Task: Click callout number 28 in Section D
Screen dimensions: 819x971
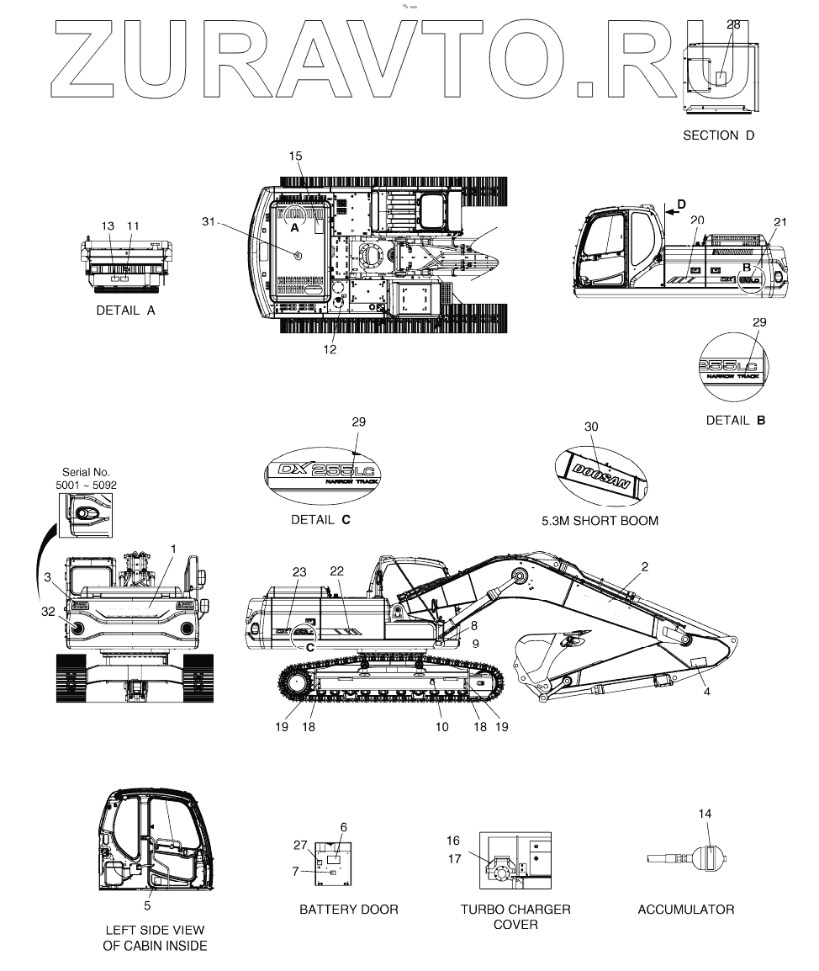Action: coord(733,24)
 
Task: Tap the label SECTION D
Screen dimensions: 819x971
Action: coord(718,135)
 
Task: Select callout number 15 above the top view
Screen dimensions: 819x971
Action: coord(295,157)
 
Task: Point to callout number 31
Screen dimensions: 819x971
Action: coord(209,221)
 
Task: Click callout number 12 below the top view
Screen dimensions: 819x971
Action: coord(330,349)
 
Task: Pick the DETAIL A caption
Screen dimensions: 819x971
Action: coord(126,310)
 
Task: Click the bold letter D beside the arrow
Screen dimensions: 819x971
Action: coord(682,204)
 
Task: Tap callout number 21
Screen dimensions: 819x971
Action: coord(780,222)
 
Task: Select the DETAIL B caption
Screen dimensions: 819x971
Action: coord(736,419)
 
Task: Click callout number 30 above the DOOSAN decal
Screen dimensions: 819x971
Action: coord(591,427)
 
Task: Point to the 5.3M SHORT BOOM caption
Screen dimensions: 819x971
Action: coord(600,521)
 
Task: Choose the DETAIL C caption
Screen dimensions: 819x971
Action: coord(320,520)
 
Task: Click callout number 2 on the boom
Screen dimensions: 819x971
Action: coord(644,567)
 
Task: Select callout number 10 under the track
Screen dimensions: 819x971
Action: coord(442,726)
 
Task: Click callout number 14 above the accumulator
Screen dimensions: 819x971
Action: coord(705,814)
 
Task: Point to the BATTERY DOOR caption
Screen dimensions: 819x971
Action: coord(349,910)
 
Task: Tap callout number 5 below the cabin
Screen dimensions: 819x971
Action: coord(147,905)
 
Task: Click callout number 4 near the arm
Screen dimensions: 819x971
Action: coord(706,692)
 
